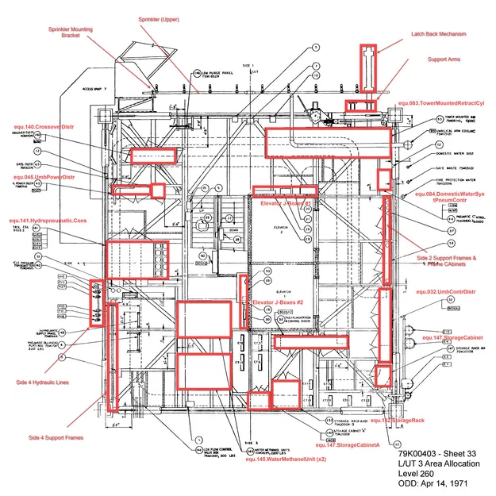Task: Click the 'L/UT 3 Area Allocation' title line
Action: (x=435, y=463)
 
